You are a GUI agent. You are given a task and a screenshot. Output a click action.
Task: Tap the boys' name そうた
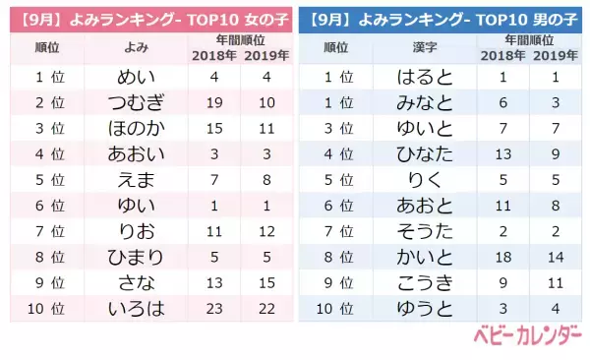coord(426,231)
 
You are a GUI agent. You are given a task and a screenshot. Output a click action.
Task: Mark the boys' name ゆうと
coord(426,308)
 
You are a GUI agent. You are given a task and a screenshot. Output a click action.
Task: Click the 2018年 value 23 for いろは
coord(215,308)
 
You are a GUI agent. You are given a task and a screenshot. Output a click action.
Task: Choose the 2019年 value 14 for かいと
coord(557,257)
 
